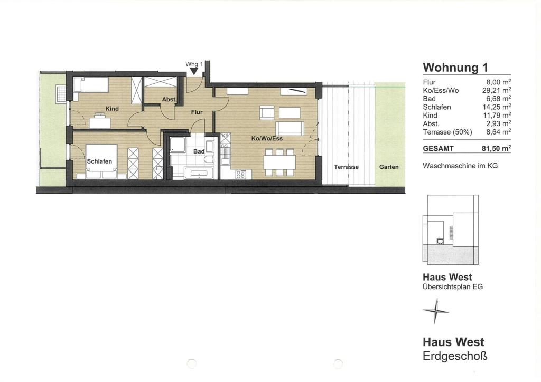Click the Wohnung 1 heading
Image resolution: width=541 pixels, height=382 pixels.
tap(455, 67)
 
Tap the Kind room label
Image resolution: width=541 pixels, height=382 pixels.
tap(112, 109)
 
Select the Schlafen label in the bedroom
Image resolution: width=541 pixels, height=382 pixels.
tap(99, 161)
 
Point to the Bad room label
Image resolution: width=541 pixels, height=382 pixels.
tap(199, 151)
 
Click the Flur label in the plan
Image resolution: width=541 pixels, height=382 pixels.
tap(197, 112)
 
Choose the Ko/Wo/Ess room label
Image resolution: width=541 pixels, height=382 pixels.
tap(267, 138)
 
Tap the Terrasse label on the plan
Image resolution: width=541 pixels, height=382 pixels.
tap(347, 167)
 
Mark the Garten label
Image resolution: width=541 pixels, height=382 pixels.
tap(389, 167)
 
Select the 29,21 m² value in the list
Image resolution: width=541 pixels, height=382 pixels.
tap(497, 91)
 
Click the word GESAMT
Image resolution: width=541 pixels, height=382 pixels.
tap(438, 149)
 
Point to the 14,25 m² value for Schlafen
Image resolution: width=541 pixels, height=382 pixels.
tap(497, 107)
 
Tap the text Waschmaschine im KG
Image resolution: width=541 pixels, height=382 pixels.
tap(460, 166)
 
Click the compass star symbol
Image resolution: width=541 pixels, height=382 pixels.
tap(436, 311)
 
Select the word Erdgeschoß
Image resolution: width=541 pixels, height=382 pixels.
tap(455, 356)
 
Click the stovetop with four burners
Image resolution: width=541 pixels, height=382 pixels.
tap(240, 175)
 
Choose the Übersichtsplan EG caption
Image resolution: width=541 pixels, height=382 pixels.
tap(453, 286)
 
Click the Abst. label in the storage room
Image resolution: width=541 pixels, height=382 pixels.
tap(170, 100)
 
